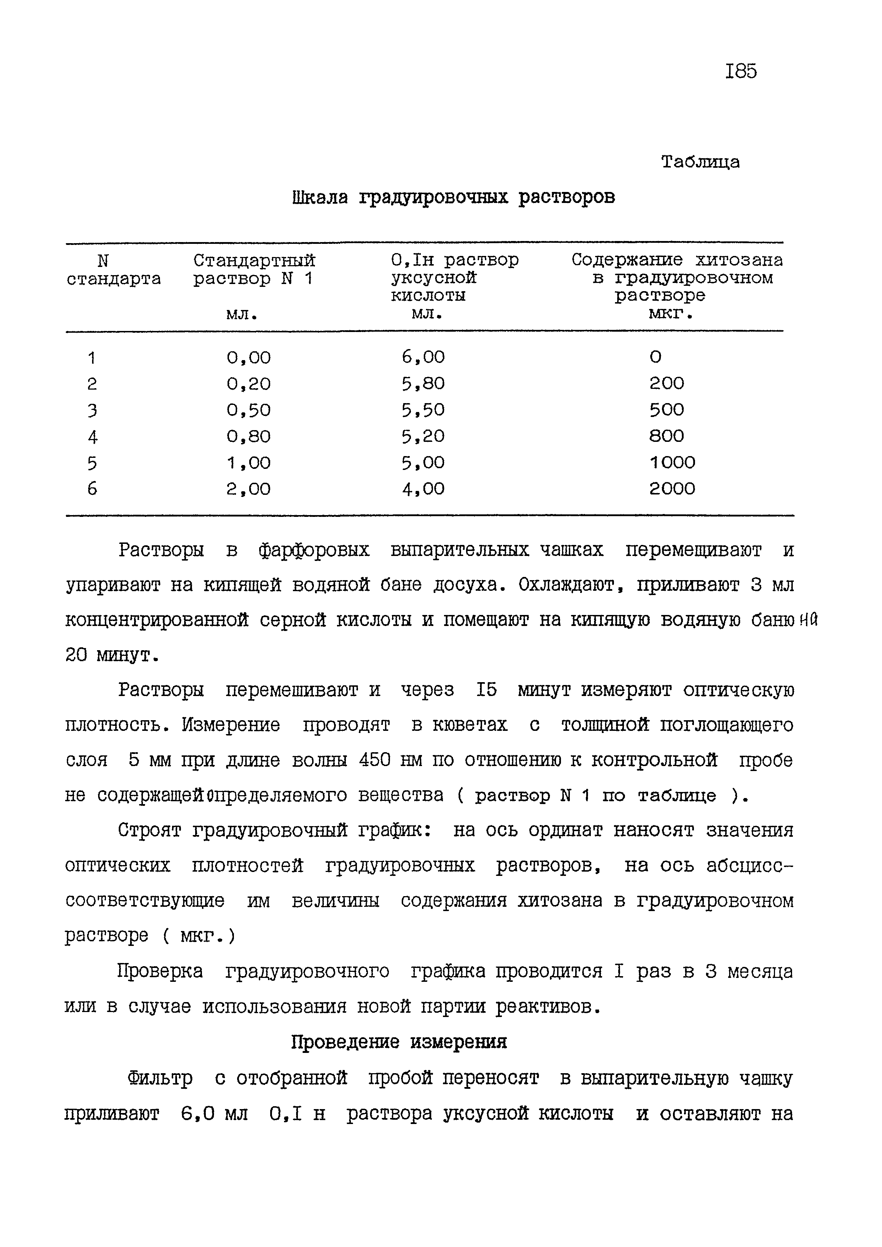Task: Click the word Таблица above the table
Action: pyautogui.click(x=701, y=162)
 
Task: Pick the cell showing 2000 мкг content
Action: pyautogui.click(x=672, y=489)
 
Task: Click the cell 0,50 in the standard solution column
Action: pyautogui.click(x=249, y=410)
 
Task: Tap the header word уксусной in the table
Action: pyautogui.click(x=434, y=278)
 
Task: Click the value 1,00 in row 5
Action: pyautogui.click(x=249, y=463)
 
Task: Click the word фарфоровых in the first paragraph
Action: pyautogui.click(x=314, y=551)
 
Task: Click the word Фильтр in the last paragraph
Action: pyautogui.click(x=160, y=1077)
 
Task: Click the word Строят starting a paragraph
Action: pyautogui.click(x=149, y=830)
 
